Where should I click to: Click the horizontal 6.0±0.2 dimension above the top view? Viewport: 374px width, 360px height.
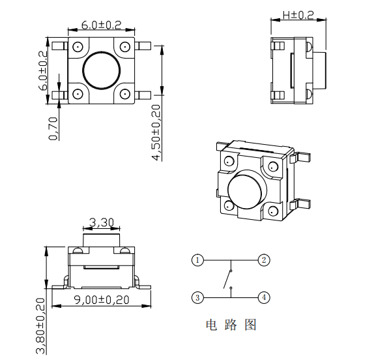101,25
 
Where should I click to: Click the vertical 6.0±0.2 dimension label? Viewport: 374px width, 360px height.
43,70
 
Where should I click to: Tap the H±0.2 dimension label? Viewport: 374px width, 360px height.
298,14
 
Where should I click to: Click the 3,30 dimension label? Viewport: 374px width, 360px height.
102,222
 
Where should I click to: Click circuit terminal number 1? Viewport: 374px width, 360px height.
198,260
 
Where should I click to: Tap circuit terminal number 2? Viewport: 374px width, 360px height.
263,260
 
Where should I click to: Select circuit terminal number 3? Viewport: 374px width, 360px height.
198,297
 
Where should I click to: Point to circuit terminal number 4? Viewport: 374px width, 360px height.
263,297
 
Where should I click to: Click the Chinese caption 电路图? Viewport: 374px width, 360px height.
231,324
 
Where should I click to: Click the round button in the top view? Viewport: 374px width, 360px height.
101,70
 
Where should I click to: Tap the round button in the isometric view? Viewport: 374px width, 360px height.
244,189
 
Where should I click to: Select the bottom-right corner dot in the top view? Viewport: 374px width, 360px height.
124,93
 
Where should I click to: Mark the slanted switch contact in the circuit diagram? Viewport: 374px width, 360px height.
227,280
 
